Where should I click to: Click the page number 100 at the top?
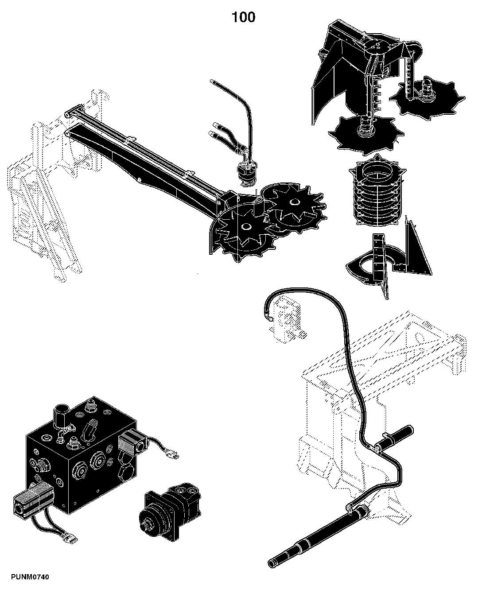[243, 17]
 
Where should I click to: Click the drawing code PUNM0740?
[30, 577]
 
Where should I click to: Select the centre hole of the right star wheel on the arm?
[293, 202]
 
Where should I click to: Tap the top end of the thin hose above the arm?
[212, 82]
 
